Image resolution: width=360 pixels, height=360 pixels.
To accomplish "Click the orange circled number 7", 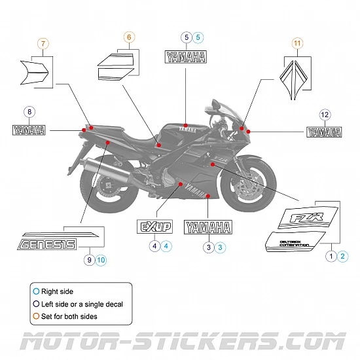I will (43, 45).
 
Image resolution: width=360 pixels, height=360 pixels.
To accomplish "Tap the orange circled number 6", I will (128, 37).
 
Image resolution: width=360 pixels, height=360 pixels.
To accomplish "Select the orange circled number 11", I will (298, 45).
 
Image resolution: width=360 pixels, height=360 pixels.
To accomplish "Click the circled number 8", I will (29, 112).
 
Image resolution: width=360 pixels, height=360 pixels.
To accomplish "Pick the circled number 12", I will (324, 115).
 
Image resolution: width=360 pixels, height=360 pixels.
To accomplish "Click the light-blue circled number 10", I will (100, 260).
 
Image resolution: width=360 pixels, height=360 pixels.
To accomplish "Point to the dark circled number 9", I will (89, 260).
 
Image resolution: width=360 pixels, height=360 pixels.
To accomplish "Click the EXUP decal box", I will (154, 227).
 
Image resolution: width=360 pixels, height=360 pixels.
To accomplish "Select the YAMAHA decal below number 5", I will (187, 57).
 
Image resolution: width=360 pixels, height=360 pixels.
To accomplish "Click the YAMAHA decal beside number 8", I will (29, 130).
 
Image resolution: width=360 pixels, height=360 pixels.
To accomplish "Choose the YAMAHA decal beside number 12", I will (324, 132).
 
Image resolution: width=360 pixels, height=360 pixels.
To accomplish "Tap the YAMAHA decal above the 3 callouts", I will (208, 227).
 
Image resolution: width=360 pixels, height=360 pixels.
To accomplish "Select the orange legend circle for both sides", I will (36, 316).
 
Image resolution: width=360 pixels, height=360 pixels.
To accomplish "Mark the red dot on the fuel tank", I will (186, 125).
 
